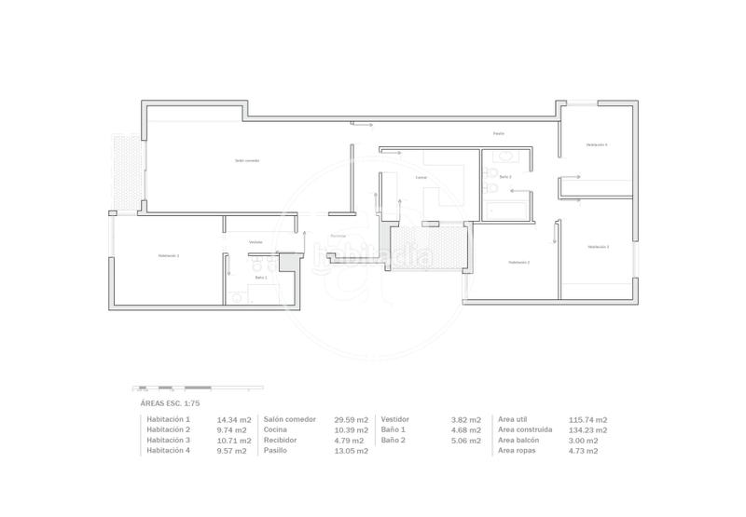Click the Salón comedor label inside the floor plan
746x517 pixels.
[x=247, y=160]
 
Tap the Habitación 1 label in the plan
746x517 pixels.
[x=169, y=255]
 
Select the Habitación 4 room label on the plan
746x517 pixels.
[x=597, y=145]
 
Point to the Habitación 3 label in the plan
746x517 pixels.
[x=598, y=247]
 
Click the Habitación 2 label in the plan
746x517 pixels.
[x=519, y=263]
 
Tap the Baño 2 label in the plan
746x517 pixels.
[x=504, y=176]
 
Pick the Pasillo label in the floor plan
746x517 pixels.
[x=499, y=134]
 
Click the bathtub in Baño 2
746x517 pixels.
[x=506, y=210]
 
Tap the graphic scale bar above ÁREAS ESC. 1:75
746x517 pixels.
[x=173, y=388]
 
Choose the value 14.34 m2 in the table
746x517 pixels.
[x=232, y=420]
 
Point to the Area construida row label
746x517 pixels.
[x=526, y=430]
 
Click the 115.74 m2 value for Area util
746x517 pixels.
[x=587, y=420]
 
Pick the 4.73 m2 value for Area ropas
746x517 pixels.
[x=583, y=451]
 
